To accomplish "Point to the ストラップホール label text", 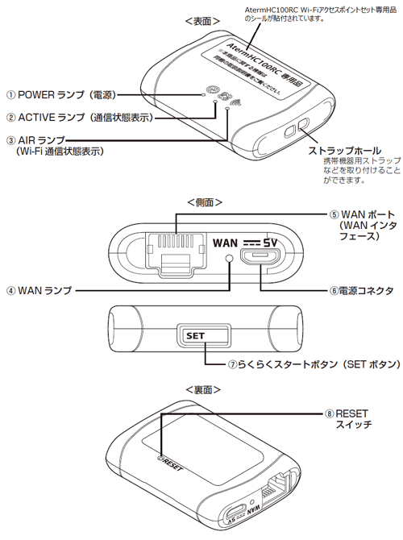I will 343,151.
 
